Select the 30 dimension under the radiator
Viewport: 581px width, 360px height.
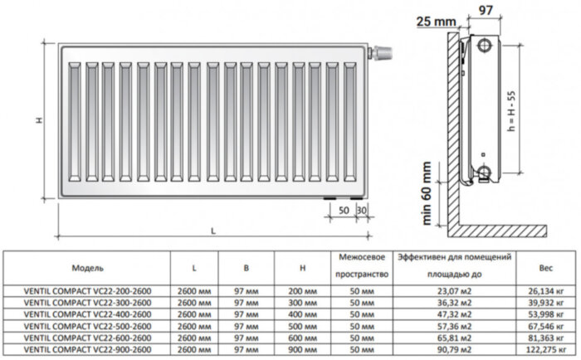click(359, 211)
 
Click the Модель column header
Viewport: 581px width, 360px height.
click(87, 270)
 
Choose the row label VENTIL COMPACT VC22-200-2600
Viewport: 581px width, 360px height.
click(87, 291)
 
